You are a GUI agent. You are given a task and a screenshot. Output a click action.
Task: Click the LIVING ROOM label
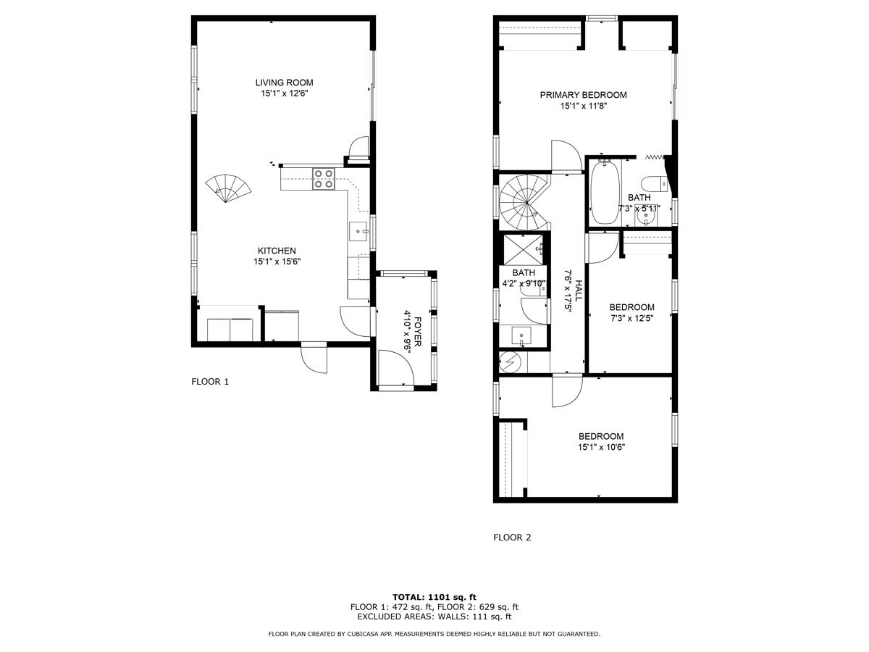pyautogui.click(x=288, y=83)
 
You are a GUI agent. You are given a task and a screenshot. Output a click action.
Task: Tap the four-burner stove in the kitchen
pyautogui.click(x=324, y=178)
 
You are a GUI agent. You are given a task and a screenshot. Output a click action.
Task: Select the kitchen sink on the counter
pyautogui.click(x=359, y=231)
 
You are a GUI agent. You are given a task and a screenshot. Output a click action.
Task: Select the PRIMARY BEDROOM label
pyautogui.click(x=583, y=95)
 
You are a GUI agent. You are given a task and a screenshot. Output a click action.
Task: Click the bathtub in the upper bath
pyautogui.click(x=603, y=192)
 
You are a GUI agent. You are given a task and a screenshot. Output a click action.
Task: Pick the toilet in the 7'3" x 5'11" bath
pyautogui.click(x=652, y=182)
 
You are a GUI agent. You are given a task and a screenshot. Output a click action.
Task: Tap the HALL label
pyautogui.click(x=579, y=288)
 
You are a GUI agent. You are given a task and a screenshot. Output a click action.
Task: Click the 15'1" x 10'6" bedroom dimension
pyautogui.click(x=601, y=447)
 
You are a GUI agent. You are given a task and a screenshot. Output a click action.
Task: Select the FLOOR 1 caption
pyautogui.click(x=210, y=382)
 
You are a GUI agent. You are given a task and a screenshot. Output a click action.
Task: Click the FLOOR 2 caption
pyautogui.click(x=512, y=538)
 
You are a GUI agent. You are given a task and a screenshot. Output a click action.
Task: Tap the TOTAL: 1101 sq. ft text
pyautogui.click(x=434, y=597)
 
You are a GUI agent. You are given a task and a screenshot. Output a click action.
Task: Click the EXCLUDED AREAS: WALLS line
pyautogui.click(x=434, y=617)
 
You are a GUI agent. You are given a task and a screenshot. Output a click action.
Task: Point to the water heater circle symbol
pyautogui.click(x=510, y=360)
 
